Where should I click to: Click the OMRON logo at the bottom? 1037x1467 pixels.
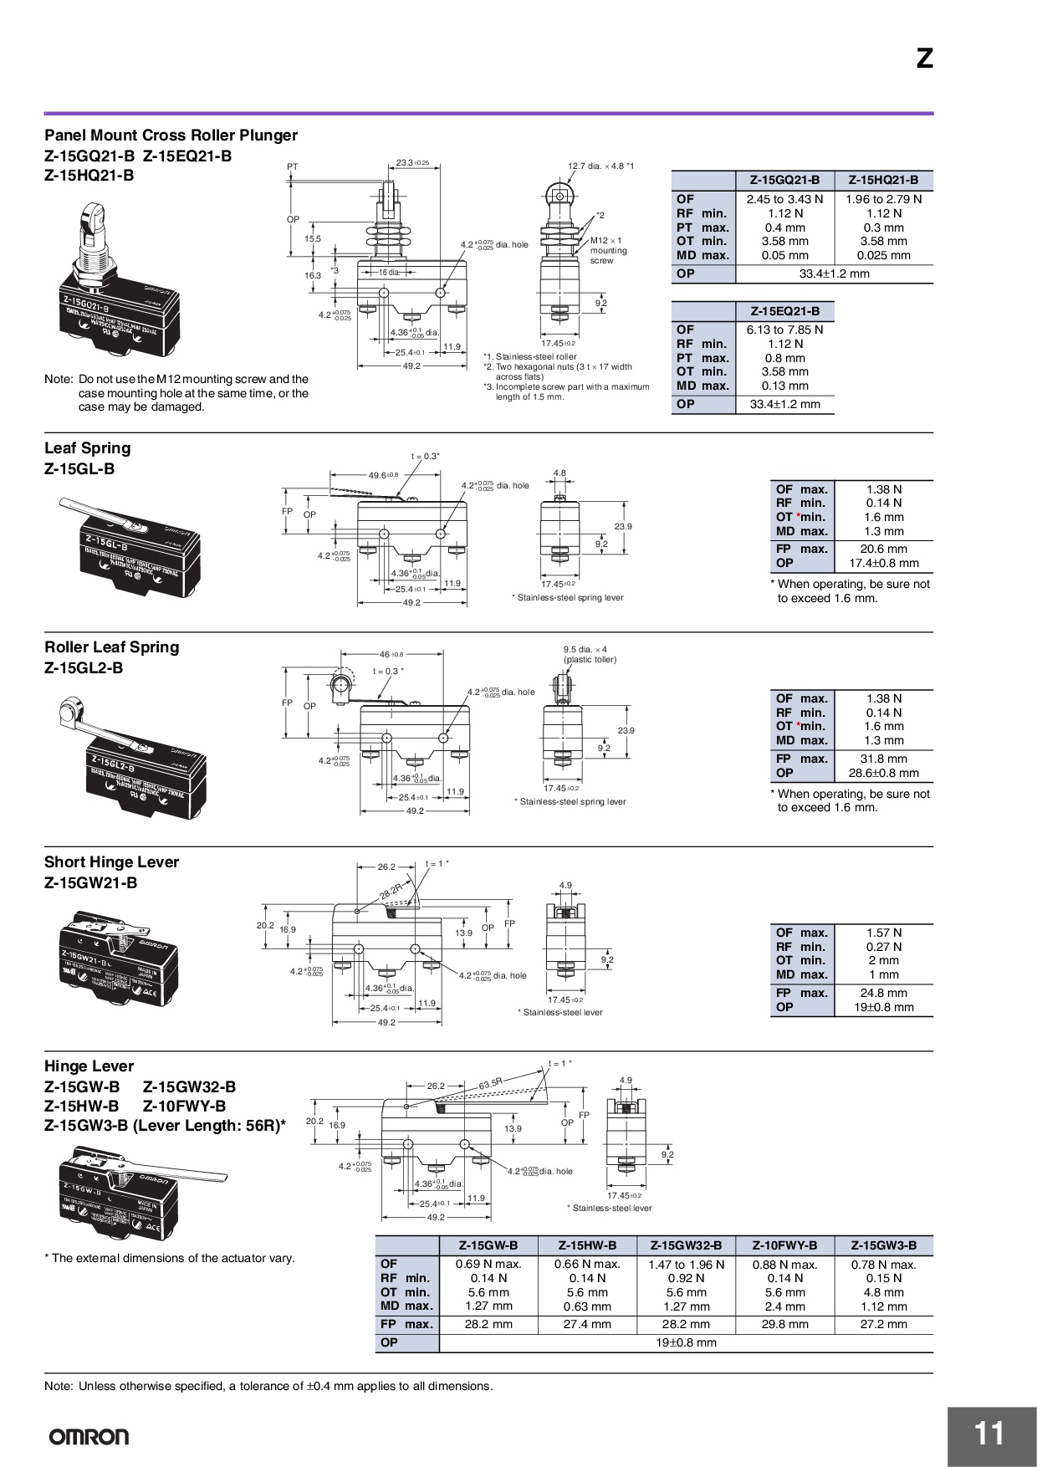pos(89,1437)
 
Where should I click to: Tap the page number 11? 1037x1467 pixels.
pos(989,1434)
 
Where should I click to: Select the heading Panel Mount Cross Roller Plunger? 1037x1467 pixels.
pos(171,135)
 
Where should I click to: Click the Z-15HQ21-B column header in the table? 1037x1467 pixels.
pos(883,180)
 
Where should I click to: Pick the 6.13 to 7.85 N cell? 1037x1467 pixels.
pos(784,330)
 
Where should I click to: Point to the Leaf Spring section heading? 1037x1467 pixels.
pos(88,448)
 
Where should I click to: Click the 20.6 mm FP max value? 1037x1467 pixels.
pos(883,549)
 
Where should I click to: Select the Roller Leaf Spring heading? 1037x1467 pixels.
pos(111,647)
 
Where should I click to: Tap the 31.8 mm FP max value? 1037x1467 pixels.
pos(883,759)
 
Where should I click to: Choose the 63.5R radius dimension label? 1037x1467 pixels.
pos(491,1084)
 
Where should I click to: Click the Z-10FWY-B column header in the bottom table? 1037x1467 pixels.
pos(784,1245)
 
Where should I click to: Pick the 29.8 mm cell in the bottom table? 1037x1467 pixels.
pos(784,1324)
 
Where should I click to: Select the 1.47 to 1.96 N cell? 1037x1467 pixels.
pos(686,1265)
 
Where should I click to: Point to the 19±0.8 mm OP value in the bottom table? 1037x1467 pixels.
pos(686,1342)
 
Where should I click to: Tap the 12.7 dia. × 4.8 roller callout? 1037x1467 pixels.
pos(600,166)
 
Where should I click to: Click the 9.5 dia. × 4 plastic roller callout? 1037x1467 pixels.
pos(590,654)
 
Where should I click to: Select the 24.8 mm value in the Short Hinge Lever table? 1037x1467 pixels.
pos(883,993)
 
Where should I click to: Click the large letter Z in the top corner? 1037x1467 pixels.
pos(924,59)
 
